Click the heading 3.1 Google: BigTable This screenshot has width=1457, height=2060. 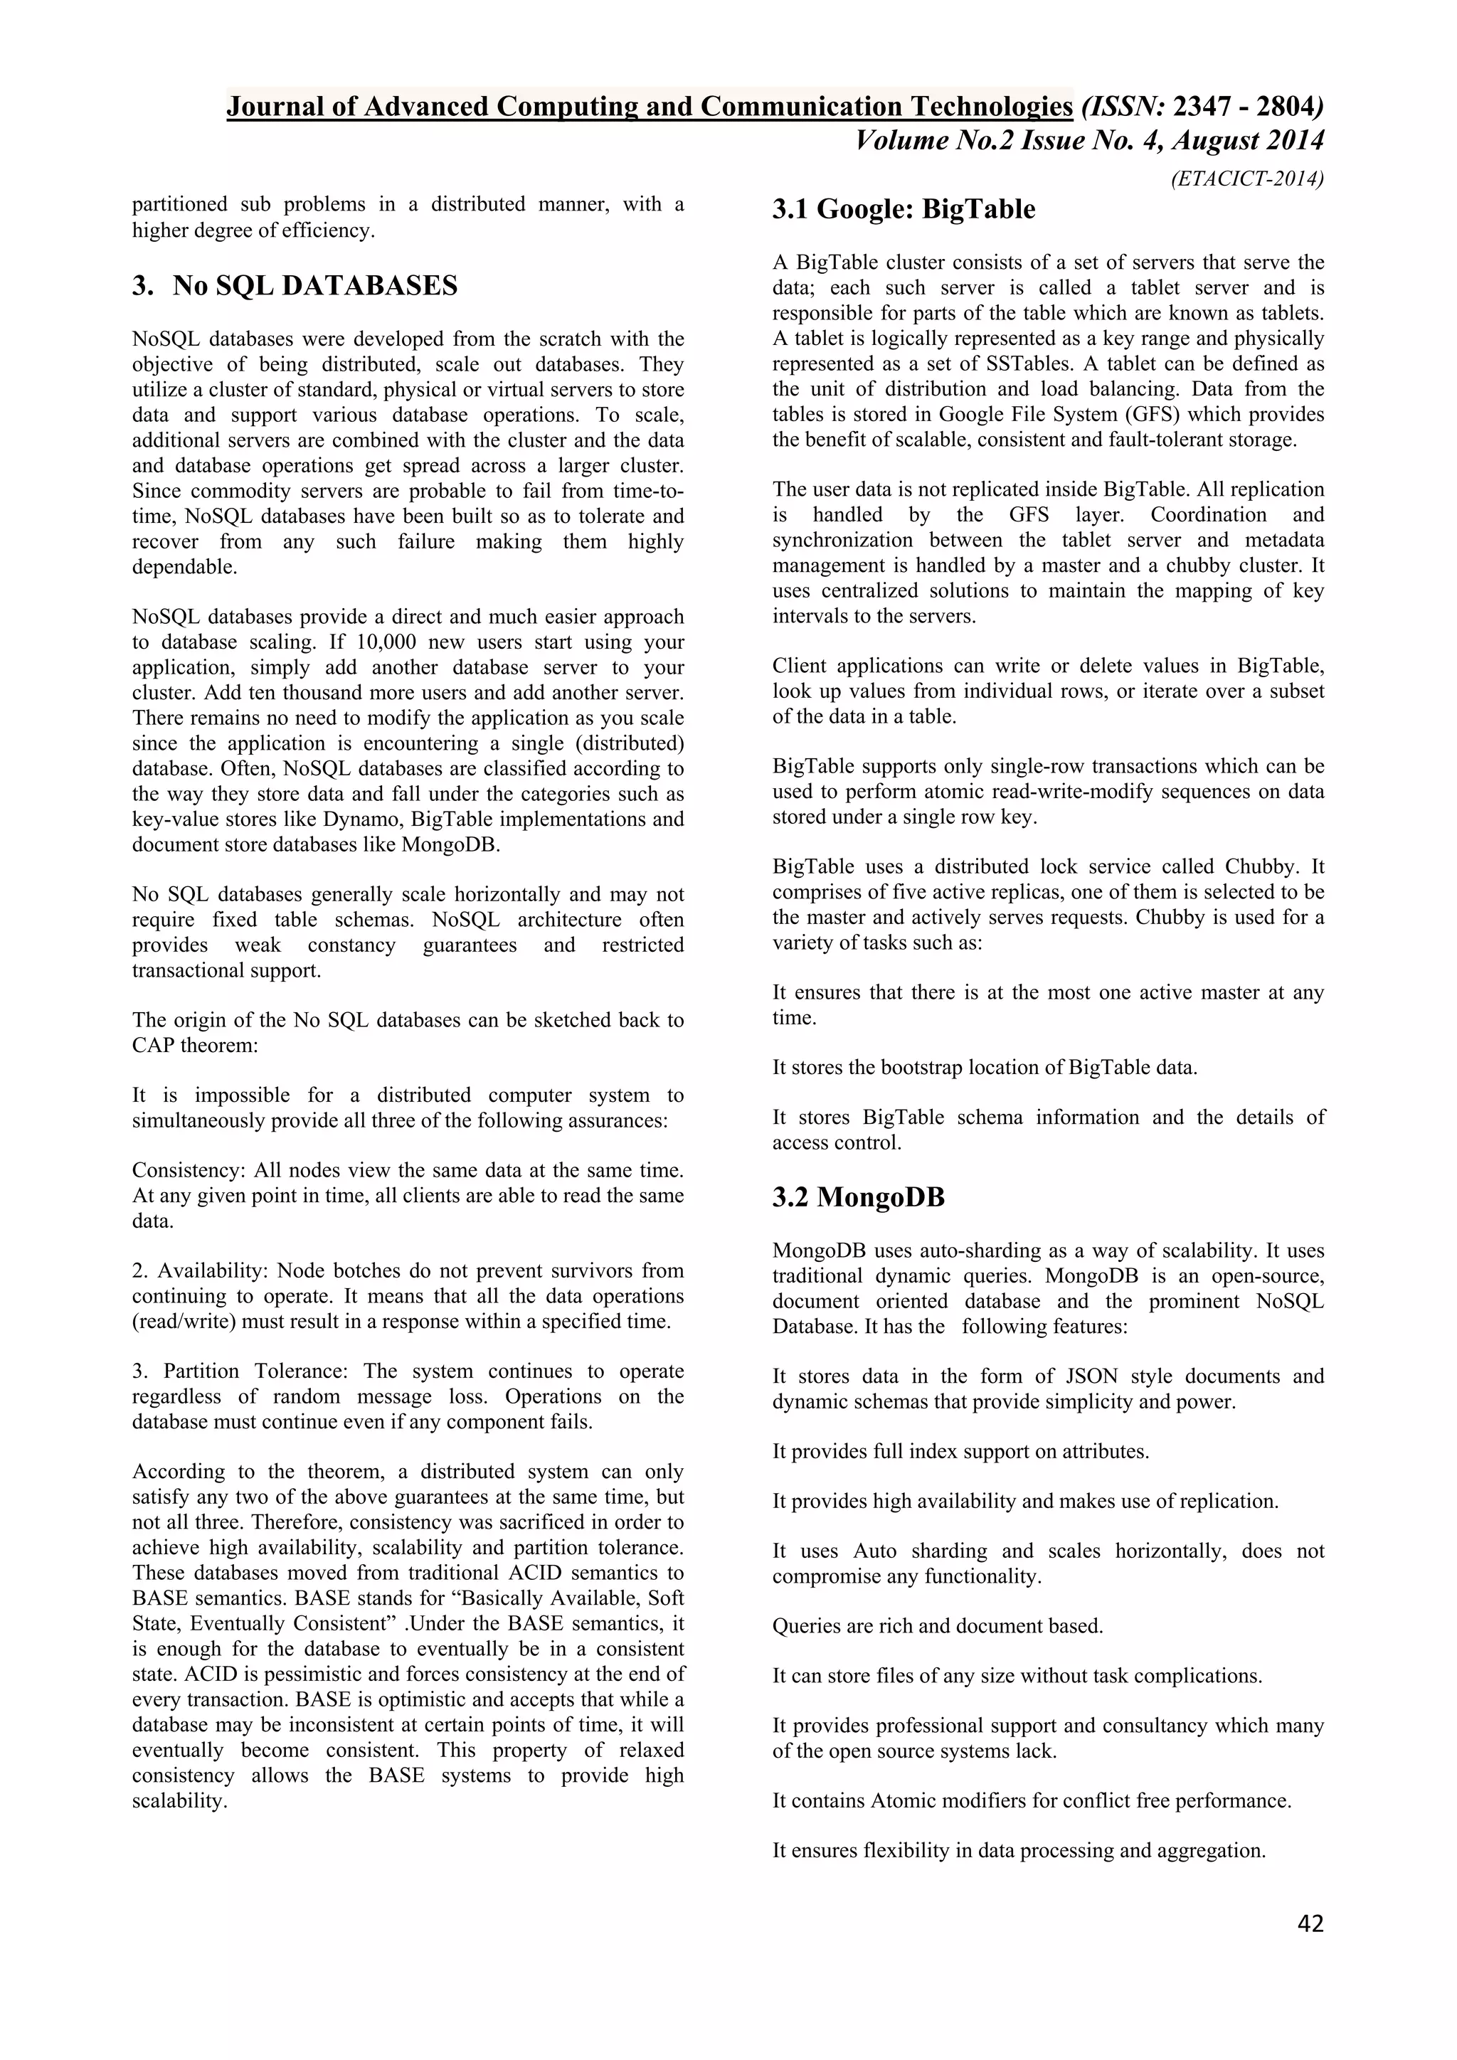click(904, 210)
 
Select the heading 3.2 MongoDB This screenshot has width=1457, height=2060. click(859, 1198)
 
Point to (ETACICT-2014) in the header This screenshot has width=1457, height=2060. click(1247, 179)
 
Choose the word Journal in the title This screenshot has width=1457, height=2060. click(272, 107)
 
